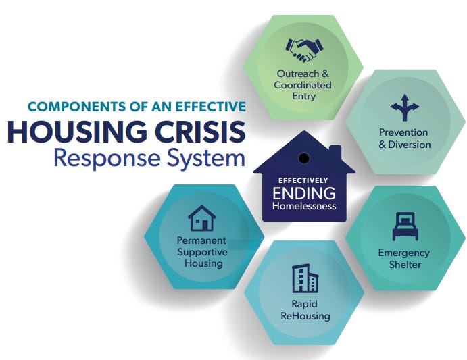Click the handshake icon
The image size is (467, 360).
[x=303, y=49]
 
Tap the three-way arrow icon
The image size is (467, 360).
[x=405, y=107]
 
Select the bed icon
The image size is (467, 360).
[x=405, y=226]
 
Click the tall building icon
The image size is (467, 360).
[x=305, y=278]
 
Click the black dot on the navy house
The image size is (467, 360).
[x=304, y=158]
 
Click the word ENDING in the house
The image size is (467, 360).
[x=303, y=193]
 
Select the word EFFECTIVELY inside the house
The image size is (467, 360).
[x=303, y=180]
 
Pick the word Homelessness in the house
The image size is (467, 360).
[x=303, y=205]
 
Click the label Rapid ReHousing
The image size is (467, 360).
[x=305, y=310]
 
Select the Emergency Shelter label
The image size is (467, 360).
[x=404, y=258]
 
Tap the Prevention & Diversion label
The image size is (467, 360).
[x=405, y=138]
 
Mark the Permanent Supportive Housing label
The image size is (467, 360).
[x=202, y=251]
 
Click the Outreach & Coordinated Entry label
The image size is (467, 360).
[x=303, y=84]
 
